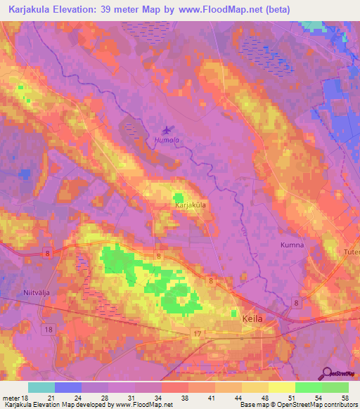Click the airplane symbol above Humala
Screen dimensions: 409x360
coord(167,129)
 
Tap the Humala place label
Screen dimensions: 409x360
coord(167,140)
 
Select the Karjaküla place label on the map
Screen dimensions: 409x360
coord(190,205)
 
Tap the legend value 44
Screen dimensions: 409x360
coord(229,398)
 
